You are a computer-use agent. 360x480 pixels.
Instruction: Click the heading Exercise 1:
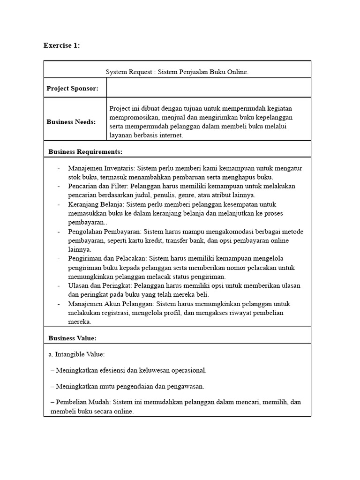[62, 45]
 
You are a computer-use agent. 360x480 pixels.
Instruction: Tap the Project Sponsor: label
[72, 89]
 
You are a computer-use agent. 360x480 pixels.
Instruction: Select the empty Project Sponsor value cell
[209, 88]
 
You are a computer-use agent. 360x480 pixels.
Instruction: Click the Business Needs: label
[71, 122]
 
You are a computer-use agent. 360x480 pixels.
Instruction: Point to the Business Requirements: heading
[85, 151]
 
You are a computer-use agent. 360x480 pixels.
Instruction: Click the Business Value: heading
[72, 338]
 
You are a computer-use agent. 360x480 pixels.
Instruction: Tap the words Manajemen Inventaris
[101, 168]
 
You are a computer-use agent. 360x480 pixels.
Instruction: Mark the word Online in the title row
[236, 72]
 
